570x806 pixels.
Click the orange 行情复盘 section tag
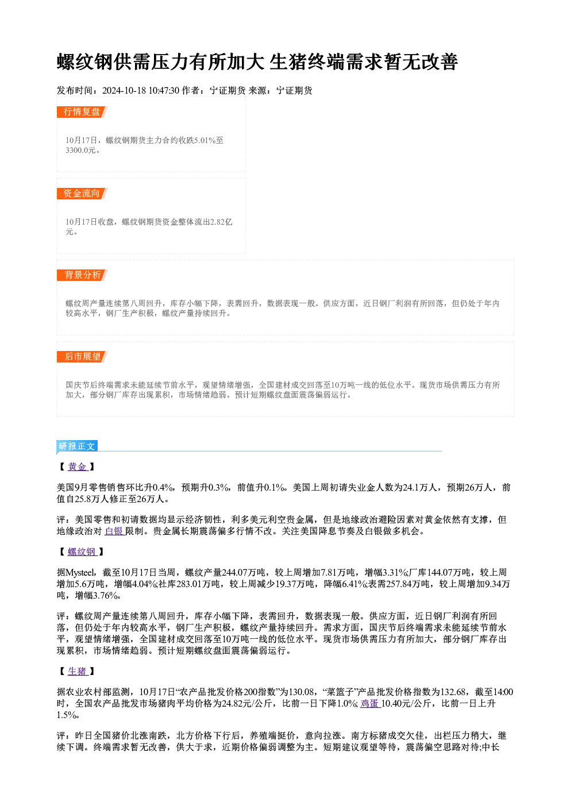(x=82, y=112)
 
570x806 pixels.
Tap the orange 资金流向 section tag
(x=82, y=194)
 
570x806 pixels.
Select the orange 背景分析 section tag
(x=82, y=275)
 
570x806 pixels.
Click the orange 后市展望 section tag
(x=82, y=357)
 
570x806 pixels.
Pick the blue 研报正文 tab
(x=77, y=446)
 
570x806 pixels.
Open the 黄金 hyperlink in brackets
(x=78, y=467)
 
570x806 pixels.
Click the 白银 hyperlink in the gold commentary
(x=114, y=531)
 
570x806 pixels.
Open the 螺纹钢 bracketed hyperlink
(x=82, y=552)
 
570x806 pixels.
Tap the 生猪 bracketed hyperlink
(x=78, y=672)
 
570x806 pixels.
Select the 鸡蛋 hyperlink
(x=370, y=703)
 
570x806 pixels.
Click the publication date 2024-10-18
(x=124, y=90)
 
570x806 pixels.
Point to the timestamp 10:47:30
(x=164, y=90)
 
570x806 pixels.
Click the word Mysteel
(x=80, y=573)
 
